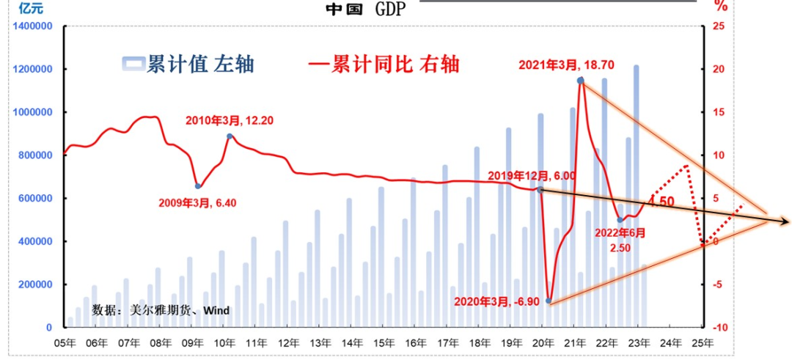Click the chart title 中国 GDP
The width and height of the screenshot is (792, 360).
(x=365, y=9)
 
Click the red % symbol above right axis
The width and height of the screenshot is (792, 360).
(x=721, y=7)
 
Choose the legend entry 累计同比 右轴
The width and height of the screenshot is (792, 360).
(x=384, y=65)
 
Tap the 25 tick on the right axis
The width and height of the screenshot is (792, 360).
(x=719, y=26)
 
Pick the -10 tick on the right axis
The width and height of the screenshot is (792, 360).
(x=719, y=328)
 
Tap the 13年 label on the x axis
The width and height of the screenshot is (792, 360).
(x=320, y=342)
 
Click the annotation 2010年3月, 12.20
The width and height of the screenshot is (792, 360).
(x=229, y=120)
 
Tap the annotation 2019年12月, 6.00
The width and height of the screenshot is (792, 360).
(x=531, y=176)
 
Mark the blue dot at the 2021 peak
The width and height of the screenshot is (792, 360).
(x=580, y=81)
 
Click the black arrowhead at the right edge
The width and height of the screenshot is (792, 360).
(x=785, y=221)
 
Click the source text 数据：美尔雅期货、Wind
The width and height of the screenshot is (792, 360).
(x=161, y=311)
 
